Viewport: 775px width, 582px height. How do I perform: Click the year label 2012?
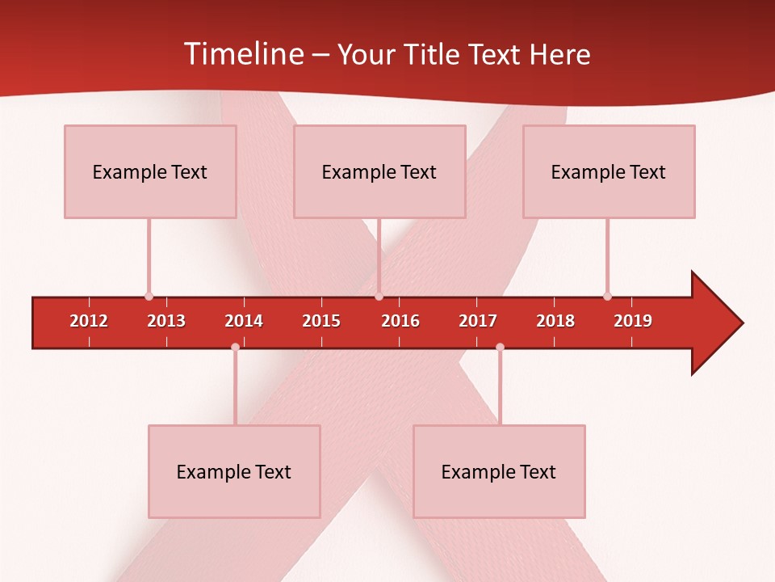point(89,321)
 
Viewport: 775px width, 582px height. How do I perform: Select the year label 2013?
point(166,321)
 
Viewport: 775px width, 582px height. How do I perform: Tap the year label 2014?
point(244,321)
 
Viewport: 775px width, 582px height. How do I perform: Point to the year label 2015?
point(321,321)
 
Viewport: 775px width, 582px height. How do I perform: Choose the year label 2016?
point(400,321)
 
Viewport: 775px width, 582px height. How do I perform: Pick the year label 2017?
point(478,321)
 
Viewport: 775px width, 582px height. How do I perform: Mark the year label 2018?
point(555,321)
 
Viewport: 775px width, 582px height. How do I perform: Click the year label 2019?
point(633,321)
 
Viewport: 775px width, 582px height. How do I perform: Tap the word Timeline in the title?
point(242,54)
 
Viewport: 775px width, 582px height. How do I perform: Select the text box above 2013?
point(150,171)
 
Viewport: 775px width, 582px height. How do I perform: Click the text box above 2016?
point(379,171)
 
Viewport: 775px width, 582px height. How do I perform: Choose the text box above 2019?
point(609,171)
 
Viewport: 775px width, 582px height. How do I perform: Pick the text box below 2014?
point(234,471)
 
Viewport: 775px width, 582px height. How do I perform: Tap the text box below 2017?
point(499,471)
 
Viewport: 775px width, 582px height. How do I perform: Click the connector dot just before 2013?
point(149,296)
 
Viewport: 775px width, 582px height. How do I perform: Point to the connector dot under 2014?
point(235,347)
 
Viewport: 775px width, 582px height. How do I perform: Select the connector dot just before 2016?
point(379,296)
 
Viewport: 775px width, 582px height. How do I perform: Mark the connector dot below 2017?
point(500,347)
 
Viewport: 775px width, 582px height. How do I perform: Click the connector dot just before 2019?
point(607,296)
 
